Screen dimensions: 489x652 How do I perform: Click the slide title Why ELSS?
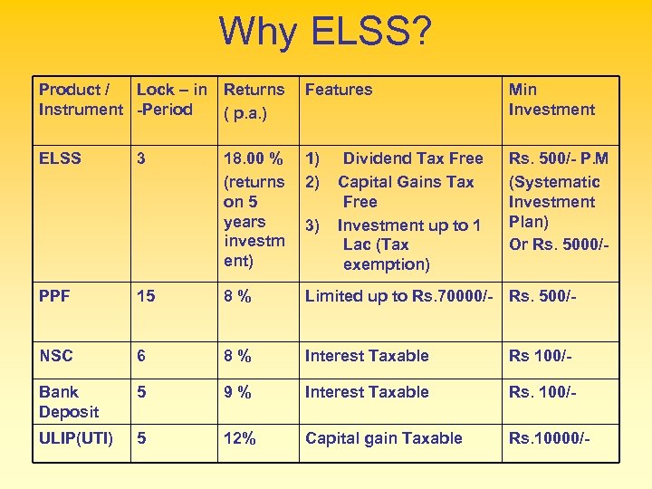pyautogui.click(x=326, y=33)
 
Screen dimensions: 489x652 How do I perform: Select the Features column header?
pyautogui.click(x=339, y=90)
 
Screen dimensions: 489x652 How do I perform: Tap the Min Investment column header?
pyautogui.click(x=551, y=100)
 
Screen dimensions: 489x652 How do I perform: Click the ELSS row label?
pyautogui.click(x=60, y=158)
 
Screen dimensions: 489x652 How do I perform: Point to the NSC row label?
pyautogui.click(x=56, y=356)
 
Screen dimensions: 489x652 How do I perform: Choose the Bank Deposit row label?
pyautogui.click(x=69, y=402)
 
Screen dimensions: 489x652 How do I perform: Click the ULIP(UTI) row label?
pyautogui.click(x=76, y=438)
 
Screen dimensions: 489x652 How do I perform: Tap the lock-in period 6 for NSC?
pyautogui.click(x=141, y=356)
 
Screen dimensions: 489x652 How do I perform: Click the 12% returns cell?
pyautogui.click(x=240, y=438)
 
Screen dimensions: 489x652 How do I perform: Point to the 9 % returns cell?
pyautogui.click(x=238, y=392)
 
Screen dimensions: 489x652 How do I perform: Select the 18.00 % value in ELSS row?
pyautogui.click(x=254, y=158)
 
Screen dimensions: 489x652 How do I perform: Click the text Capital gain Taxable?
pyautogui.click(x=384, y=438)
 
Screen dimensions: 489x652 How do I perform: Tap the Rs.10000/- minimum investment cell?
pyautogui.click(x=550, y=438)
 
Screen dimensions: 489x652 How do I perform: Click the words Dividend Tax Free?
pyautogui.click(x=412, y=158)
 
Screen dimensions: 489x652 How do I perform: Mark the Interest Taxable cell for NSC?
pyautogui.click(x=367, y=356)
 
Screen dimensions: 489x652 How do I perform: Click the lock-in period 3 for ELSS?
pyautogui.click(x=141, y=158)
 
